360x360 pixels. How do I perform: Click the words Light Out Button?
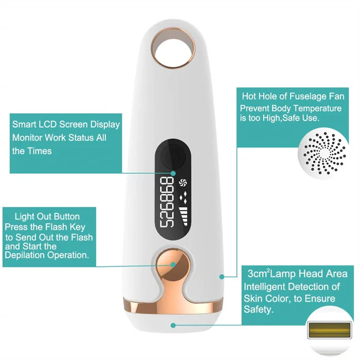47,217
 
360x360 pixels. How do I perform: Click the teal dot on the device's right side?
222,276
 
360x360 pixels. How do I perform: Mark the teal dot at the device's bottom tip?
174,325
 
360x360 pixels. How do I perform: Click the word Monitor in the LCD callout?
29,138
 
